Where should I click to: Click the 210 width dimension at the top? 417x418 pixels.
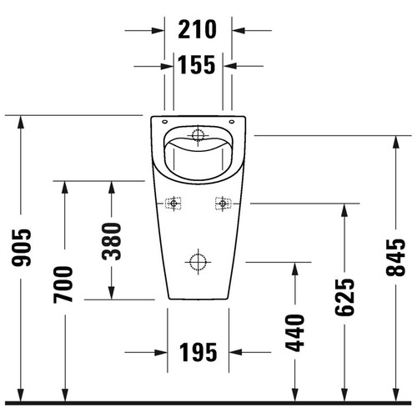coord(198,30)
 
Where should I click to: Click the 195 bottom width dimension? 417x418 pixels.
coord(198,352)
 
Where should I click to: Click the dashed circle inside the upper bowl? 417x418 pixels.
coord(198,133)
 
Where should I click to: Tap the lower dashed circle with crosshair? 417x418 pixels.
coord(198,262)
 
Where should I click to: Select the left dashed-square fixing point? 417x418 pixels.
coord(173,202)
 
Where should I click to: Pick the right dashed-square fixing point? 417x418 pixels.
coord(222,202)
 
